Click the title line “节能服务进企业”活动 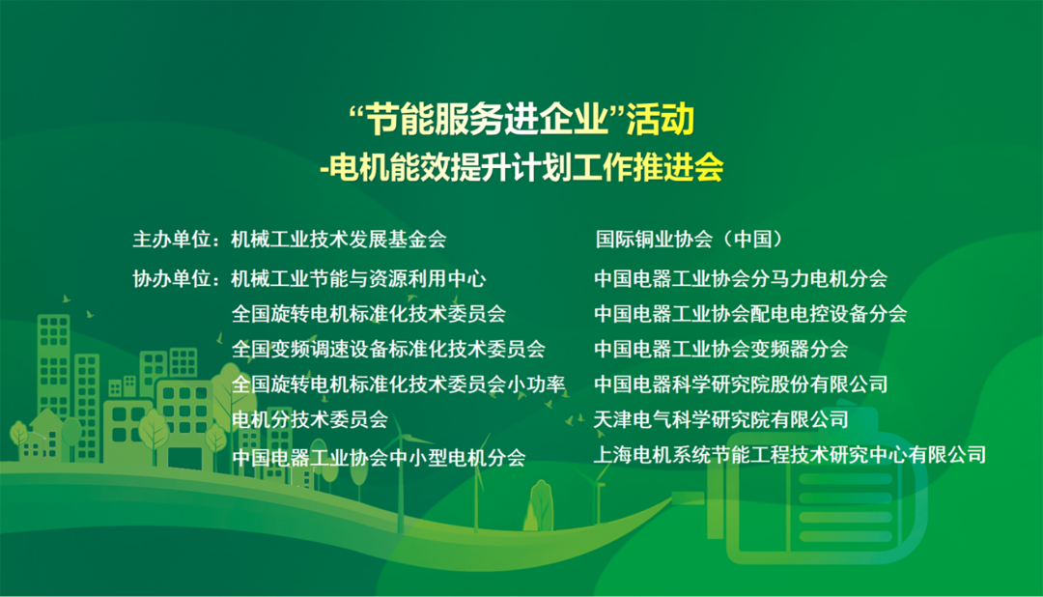(x=521, y=121)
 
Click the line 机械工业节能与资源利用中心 (x=358, y=279)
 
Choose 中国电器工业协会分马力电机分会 (x=741, y=279)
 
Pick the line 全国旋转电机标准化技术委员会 (x=369, y=314)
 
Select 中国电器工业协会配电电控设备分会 (x=750, y=314)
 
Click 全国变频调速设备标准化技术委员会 (x=388, y=349)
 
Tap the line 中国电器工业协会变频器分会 (x=721, y=349)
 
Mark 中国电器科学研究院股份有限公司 (x=741, y=384)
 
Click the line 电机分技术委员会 (x=310, y=419)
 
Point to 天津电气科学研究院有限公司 (x=721, y=419)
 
